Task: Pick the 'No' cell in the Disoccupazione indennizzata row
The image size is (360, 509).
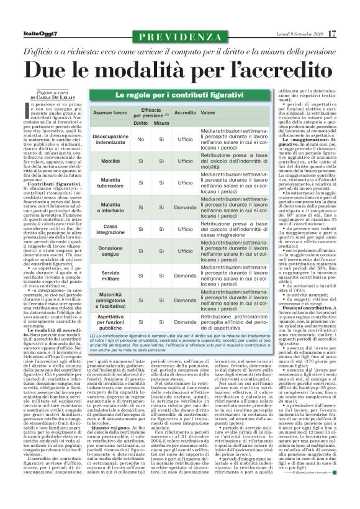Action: (141, 140)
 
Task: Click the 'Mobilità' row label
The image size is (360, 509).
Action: (110, 161)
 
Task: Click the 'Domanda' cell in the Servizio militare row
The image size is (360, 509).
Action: (183, 276)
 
